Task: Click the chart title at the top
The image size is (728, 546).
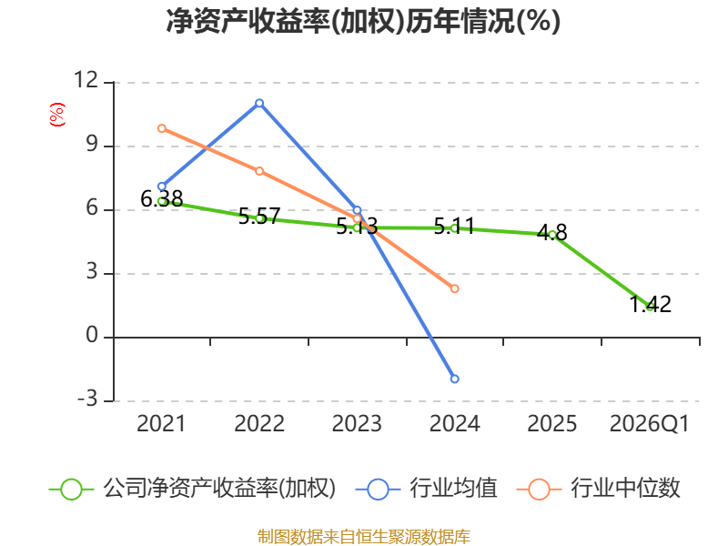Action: (363, 21)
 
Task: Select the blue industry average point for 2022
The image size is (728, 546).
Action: (259, 103)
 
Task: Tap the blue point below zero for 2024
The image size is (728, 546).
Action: (454, 379)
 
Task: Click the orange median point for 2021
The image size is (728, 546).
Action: (162, 128)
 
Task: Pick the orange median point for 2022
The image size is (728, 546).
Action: (259, 171)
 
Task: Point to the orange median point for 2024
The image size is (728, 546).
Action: (454, 288)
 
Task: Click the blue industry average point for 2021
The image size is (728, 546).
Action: (162, 187)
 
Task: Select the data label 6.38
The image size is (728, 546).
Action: (162, 199)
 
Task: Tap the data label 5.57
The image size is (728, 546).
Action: (259, 217)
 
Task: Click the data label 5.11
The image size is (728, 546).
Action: (454, 226)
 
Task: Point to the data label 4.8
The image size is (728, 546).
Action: (552, 232)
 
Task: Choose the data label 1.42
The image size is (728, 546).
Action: (650, 305)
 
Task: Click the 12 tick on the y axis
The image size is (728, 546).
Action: (86, 80)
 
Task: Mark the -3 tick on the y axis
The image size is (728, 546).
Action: (87, 399)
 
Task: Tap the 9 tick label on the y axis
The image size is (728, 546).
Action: (93, 144)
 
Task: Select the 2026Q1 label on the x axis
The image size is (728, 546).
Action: (650, 423)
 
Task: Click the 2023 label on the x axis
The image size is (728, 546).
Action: (357, 423)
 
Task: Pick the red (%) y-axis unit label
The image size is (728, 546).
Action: (57, 115)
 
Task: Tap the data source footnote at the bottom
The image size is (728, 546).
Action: (364, 537)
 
